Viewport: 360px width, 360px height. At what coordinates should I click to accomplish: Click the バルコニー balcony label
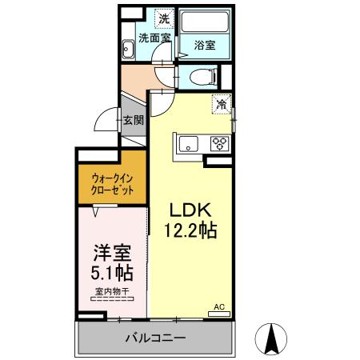tap(154, 337)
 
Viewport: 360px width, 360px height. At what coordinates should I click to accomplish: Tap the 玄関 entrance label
tap(133, 121)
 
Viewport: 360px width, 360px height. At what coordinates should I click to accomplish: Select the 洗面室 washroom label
tap(154, 38)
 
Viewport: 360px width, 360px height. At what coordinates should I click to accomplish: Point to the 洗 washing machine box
tap(162, 18)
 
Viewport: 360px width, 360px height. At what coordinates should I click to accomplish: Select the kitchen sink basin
tap(189, 143)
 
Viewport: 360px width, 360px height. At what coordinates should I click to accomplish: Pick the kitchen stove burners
tap(218, 143)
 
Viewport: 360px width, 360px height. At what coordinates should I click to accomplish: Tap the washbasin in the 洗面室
tap(128, 49)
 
